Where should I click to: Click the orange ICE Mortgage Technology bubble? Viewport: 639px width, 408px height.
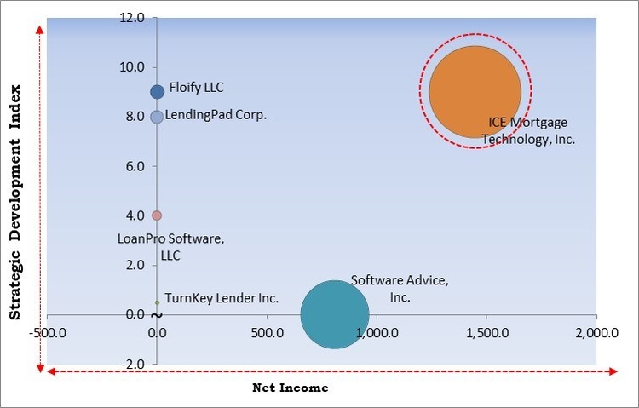(475, 92)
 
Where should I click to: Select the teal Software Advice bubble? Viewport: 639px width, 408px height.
(335, 314)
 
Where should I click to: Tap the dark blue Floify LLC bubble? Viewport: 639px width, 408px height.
(157, 92)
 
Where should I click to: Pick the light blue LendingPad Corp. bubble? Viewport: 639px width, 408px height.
(157, 117)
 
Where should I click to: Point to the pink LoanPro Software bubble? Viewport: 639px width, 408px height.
(157, 215)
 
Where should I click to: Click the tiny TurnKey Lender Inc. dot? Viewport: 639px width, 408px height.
(157, 302)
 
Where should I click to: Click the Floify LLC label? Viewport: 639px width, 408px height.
(196, 87)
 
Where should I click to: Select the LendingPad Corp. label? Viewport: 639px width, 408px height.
(216, 115)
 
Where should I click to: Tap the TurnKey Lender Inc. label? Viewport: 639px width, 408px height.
(221, 298)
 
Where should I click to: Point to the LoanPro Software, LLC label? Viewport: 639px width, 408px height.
(170, 247)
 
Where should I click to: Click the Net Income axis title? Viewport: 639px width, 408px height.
(290, 388)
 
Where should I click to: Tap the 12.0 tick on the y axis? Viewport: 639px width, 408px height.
(133, 18)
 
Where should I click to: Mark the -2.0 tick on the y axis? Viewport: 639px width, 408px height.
(133, 365)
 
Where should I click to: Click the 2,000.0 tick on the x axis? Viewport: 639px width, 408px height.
(594, 332)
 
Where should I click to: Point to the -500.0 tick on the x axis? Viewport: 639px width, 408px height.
(48, 332)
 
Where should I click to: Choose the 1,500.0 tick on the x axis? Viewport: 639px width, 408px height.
(485, 332)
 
